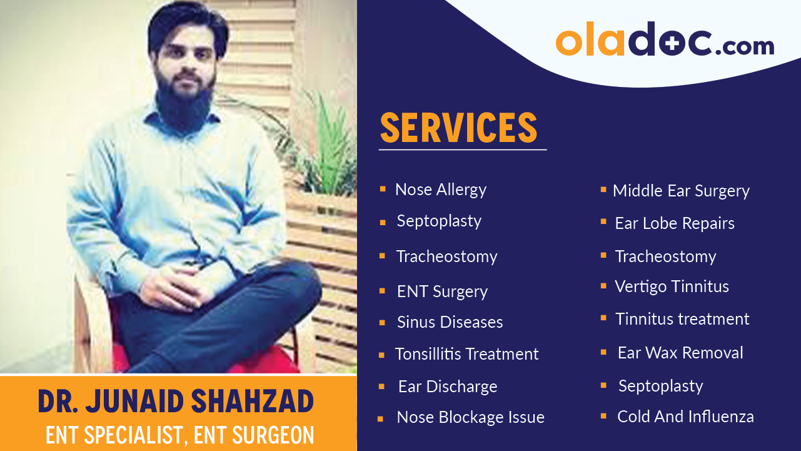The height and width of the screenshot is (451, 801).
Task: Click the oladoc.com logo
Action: coord(665,39)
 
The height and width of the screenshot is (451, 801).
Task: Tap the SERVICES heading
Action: coord(458,128)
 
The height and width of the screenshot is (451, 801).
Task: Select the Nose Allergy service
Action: coord(441,190)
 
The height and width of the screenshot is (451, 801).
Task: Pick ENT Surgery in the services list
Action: coord(442,291)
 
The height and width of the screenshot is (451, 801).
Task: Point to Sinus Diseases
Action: coord(450,322)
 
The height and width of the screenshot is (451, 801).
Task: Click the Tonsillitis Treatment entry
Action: coord(466,354)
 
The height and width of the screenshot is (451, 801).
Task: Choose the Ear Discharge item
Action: coord(448,387)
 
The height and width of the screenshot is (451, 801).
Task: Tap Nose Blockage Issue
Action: coord(470,417)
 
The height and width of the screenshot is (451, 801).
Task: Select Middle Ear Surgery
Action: coord(681,191)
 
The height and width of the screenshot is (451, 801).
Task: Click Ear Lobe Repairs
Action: coord(675,223)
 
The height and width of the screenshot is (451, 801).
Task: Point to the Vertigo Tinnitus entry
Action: coord(672,286)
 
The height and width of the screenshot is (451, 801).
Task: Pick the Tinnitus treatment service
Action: coord(682,319)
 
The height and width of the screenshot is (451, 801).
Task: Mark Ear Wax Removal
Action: coord(680,353)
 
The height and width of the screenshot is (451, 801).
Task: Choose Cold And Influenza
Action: coord(685,417)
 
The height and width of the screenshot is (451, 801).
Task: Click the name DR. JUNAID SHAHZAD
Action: coord(176,402)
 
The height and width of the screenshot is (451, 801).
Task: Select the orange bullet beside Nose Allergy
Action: coord(383,188)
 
